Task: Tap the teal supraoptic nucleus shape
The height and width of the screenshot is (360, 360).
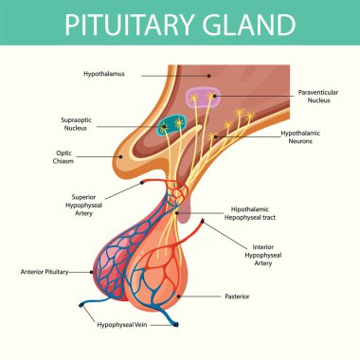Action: coord(173,124)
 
